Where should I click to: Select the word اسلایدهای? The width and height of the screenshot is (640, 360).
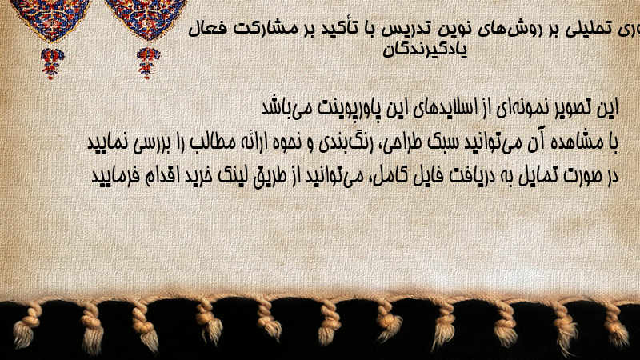[x=442, y=108]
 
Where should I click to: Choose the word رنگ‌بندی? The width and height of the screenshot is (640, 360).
[x=342, y=143]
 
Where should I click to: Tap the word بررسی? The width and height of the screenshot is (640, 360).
[x=147, y=143]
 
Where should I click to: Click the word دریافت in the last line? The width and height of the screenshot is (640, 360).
[x=453, y=176]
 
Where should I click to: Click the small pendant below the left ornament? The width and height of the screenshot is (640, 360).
[x=52, y=63]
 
